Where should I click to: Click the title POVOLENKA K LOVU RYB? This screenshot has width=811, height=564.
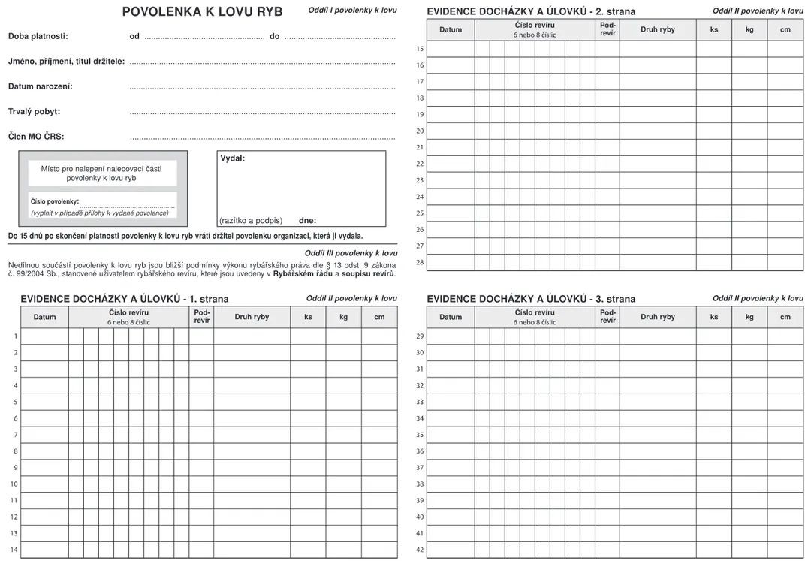coord(202,12)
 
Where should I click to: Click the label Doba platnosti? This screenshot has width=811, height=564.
coord(38,36)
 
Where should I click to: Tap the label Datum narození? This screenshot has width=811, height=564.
coord(41,86)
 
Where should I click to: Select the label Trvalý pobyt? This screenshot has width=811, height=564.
coord(34,112)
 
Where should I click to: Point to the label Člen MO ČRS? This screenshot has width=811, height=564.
coord(36,137)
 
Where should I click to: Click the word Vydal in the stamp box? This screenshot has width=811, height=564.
coord(232,158)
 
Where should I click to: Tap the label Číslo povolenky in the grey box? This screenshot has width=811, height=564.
coord(54,201)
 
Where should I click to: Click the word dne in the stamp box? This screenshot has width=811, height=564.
coord(307,221)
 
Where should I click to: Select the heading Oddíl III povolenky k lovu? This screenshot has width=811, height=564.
coord(351,253)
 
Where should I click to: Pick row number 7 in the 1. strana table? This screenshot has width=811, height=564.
coord(15,435)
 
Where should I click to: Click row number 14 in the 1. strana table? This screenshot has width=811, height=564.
coord(14,550)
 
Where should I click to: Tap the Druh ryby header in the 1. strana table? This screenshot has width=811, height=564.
coord(252,317)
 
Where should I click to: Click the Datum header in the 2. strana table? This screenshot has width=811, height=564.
coord(451,29)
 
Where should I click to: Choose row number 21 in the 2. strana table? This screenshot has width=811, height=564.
coord(420,147)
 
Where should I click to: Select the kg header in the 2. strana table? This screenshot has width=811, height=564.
coord(749,29)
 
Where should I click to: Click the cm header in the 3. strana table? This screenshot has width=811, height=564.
coord(785,317)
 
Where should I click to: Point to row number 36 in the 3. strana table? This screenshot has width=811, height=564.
coord(420,451)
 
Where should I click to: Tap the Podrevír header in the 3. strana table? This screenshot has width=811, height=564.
coord(607,317)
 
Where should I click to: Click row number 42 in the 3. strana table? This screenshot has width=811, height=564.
coord(420,550)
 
